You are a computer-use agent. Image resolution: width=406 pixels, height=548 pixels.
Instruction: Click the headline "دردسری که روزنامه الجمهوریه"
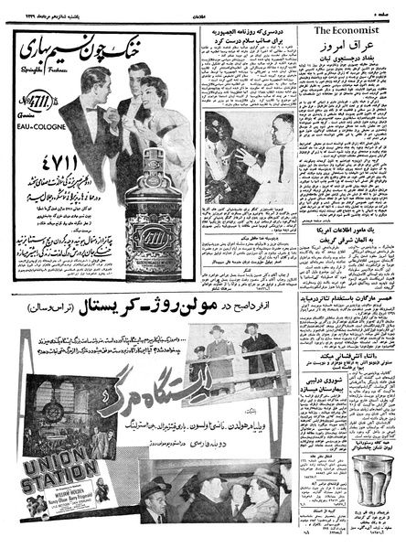click(x=251, y=32)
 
